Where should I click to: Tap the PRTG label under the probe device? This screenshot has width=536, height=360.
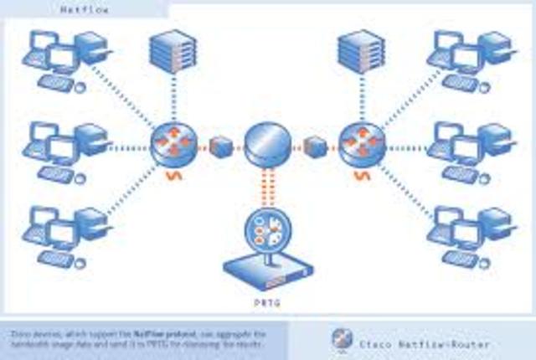click(x=267, y=297)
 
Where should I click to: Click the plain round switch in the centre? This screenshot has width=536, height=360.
click(x=267, y=144)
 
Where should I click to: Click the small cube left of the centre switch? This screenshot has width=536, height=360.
click(x=220, y=145)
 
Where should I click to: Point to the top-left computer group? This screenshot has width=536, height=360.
click(x=64, y=58)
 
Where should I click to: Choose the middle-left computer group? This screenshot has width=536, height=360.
click(x=64, y=147)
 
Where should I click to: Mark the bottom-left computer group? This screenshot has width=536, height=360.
click(x=64, y=230)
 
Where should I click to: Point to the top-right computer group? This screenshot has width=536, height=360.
click(x=469, y=58)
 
